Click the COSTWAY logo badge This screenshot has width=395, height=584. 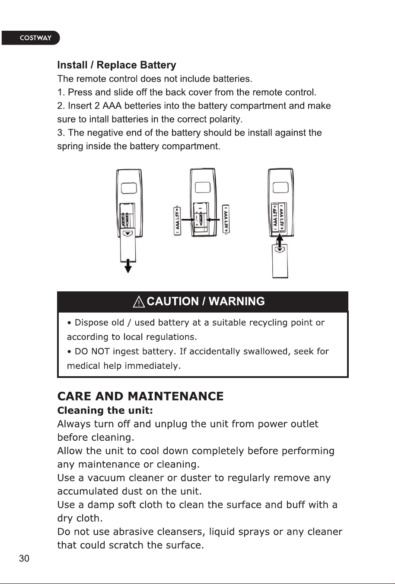[31, 38]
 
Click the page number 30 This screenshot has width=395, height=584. [24, 558]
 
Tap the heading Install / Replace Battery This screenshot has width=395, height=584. [117, 65]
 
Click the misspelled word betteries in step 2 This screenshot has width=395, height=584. [143, 106]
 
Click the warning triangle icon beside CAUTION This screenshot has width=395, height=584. [139, 302]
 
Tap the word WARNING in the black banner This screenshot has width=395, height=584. [236, 301]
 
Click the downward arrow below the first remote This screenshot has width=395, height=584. [128, 267]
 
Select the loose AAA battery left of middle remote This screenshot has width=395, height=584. [178, 220]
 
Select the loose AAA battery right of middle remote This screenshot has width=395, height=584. [226, 219]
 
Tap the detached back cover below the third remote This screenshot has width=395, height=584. [280, 261]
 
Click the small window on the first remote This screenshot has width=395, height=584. [129, 188]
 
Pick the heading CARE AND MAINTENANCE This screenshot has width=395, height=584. [140, 396]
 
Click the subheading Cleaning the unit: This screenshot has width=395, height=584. [105, 410]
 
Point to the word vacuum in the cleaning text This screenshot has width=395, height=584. [106, 478]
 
